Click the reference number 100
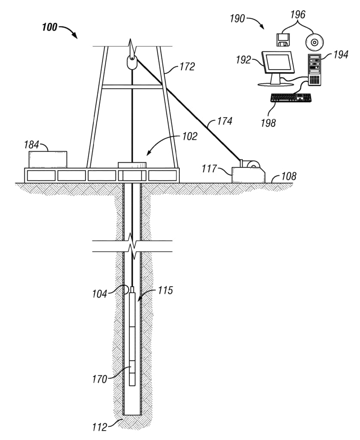(x=49, y=27)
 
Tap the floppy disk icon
(x=283, y=40)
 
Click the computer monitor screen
(x=278, y=62)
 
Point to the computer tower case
(x=314, y=70)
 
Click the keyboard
(x=291, y=98)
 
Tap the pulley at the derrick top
(x=132, y=63)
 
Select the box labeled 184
(x=48, y=159)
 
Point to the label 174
(x=225, y=121)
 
